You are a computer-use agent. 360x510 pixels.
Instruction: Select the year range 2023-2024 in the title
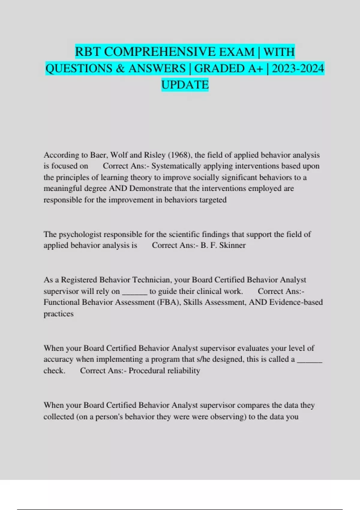pos(298,68)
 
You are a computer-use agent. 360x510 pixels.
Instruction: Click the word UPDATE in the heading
pos(185,85)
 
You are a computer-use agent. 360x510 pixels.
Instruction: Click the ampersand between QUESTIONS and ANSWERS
pos(120,68)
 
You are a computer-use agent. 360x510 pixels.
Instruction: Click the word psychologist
pos(79,234)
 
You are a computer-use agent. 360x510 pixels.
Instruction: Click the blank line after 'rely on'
pos(135,292)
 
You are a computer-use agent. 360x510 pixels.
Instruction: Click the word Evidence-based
pos(296,302)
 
